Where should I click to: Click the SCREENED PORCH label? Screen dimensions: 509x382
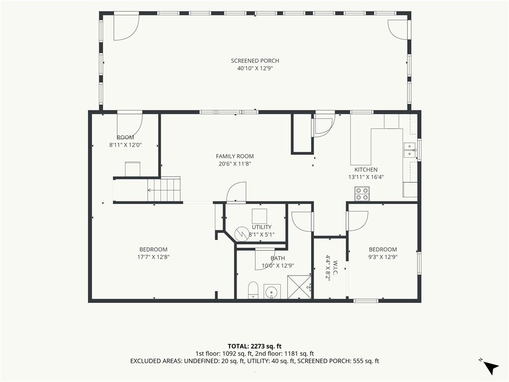pos(255,61)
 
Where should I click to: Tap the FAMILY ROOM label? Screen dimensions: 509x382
pos(235,156)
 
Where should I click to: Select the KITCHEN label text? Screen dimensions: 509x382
pos(366,170)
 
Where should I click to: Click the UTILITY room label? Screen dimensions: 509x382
pos(261,227)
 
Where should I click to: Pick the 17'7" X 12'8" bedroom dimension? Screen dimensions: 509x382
pos(154,257)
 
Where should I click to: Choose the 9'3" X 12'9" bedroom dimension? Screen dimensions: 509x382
pos(383,257)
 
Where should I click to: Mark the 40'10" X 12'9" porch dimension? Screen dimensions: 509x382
pos(255,69)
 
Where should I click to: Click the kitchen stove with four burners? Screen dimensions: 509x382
pos(362,194)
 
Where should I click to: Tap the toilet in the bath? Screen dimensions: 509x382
pos(253,290)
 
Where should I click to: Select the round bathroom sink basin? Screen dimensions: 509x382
pos(272,291)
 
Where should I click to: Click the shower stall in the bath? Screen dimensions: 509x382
pos(299,287)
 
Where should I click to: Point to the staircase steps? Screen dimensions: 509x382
pos(164,190)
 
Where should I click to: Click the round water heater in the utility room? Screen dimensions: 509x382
pos(242,234)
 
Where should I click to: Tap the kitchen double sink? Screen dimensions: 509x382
pos(410,150)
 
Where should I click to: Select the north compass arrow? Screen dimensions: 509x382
pos(492,367)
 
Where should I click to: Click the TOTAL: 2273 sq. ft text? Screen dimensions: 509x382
pos(254,346)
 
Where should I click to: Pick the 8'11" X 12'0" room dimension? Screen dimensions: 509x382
pos(125,145)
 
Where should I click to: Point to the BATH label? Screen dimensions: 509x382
pos(278,258)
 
